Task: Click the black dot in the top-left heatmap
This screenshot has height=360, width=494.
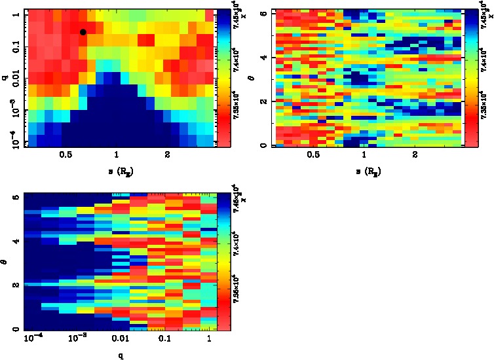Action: point(83,32)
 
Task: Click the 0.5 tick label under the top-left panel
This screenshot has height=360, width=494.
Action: point(66,155)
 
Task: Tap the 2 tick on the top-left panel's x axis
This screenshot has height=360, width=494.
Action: point(168,155)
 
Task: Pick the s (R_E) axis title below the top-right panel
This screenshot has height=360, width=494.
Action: point(364,171)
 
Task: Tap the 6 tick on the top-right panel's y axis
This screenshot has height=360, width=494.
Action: point(261,12)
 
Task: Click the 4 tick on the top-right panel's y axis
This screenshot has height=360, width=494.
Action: point(261,58)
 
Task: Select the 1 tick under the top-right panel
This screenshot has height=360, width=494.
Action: point(364,155)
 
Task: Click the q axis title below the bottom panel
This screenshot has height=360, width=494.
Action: point(120,355)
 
